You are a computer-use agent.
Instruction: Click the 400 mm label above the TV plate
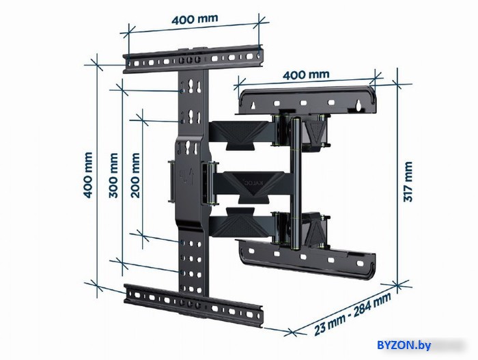(x=195, y=19)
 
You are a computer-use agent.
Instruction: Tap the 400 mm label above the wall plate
(x=306, y=74)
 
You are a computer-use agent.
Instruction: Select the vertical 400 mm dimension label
(x=88, y=175)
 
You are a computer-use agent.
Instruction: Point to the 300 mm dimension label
(x=113, y=176)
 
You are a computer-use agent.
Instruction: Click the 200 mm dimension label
(x=135, y=176)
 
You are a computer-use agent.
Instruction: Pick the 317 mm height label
(x=408, y=182)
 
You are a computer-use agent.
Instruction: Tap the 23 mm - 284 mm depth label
(x=352, y=314)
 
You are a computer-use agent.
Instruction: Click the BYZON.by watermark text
(x=404, y=346)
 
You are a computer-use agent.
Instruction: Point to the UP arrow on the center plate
(x=192, y=176)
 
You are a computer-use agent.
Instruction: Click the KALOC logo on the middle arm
(x=253, y=182)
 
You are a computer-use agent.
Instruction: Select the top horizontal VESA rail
(x=193, y=59)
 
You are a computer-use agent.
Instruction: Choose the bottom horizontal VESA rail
(x=193, y=305)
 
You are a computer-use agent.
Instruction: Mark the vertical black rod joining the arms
(x=295, y=183)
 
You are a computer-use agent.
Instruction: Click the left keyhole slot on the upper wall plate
(x=253, y=106)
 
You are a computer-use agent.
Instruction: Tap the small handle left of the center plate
(x=171, y=181)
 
